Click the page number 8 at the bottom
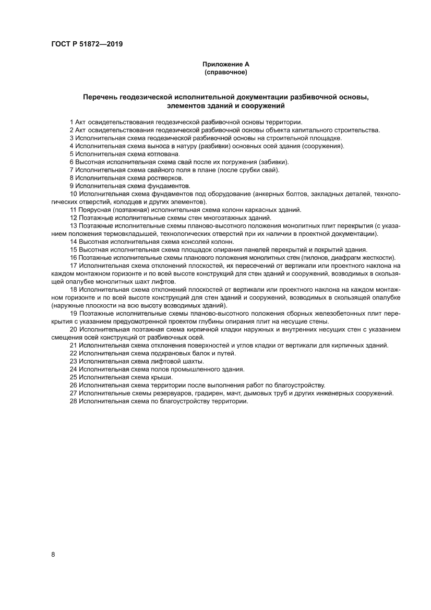click(53, 554)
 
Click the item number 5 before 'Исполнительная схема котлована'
click(71, 154)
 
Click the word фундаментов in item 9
click(166, 186)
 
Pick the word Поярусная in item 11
click(93, 210)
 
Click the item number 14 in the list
click(73, 242)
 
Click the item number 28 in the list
click(73, 401)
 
